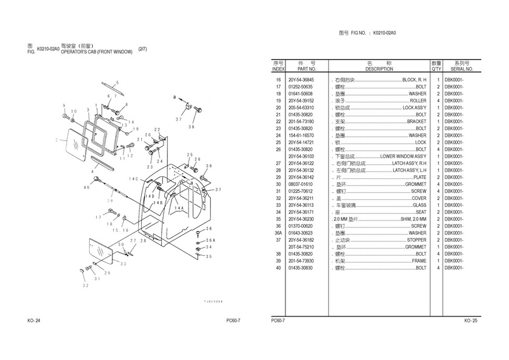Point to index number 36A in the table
tap(278, 233)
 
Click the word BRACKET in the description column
tap(416, 122)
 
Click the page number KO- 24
tap(34, 321)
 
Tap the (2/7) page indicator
tap(142, 48)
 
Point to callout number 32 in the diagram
tap(86, 285)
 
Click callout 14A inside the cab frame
tap(179, 208)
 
